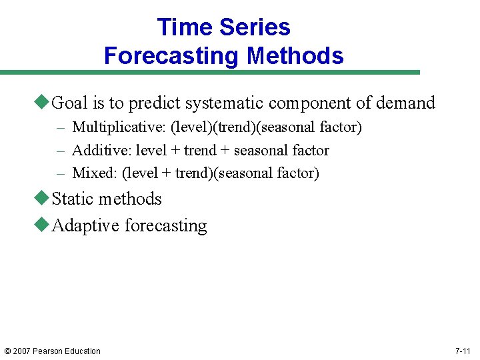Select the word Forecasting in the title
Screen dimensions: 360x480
tap(172, 55)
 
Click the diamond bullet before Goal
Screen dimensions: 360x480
tap(43, 103)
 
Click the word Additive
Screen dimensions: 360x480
tap(101, 151)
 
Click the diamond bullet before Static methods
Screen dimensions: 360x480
tap(43, 199)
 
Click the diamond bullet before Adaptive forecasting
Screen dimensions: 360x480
tap(43, 225)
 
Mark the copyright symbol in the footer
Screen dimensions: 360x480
tap(7, 351)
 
